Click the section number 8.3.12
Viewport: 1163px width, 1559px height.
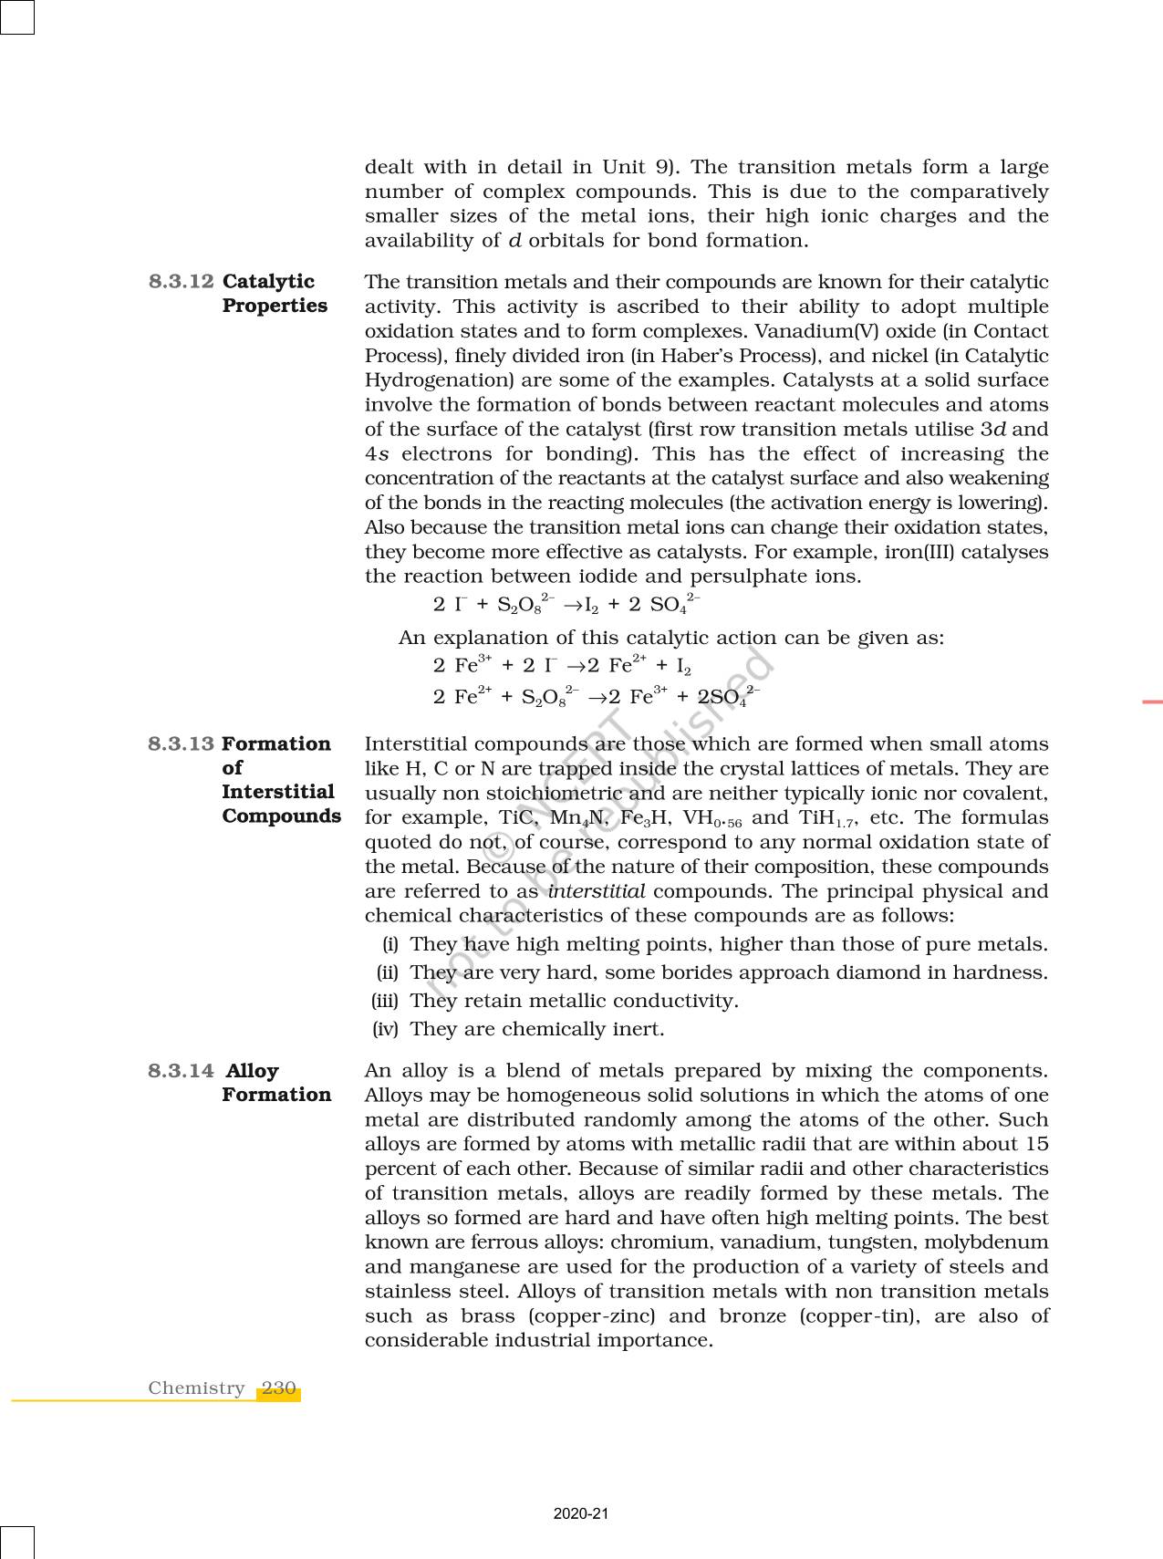(181, 281)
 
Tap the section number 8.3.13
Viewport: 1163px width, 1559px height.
(181, 743)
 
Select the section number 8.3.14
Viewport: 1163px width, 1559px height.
(181, 1070)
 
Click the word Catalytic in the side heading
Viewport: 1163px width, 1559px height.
(268, 281)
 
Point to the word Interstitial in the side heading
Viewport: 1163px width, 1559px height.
(278, 792)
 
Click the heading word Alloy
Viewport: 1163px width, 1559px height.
(252, 1070)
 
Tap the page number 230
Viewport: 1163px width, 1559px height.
(278, 1388)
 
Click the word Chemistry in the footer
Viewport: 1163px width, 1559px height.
(196, 1388)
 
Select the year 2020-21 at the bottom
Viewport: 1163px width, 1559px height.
(581, 1513)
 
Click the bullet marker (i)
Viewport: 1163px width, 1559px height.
(390, 944)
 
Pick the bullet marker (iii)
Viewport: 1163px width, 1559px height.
(385, 1001)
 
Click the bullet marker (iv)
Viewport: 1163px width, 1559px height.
(385, 1029)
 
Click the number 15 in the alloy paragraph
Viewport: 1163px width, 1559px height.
(1035, 1144)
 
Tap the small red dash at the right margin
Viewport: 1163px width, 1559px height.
(1152, 702)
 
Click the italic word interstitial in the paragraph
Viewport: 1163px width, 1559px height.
(597, 891)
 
